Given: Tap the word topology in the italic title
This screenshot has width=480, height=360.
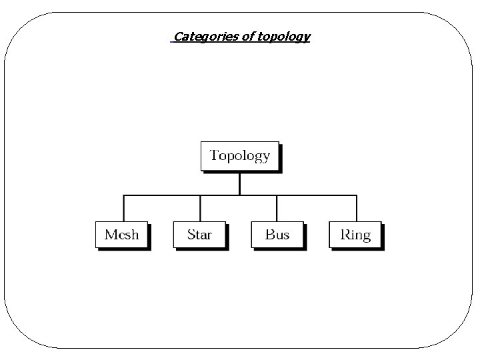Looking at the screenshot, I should [x=284, y=37].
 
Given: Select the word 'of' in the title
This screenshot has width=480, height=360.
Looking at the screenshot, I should [x=247, y=37].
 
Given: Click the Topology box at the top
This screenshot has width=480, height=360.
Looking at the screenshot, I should [x=239, y=156].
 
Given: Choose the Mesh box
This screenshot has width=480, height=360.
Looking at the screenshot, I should [x=121, y=234].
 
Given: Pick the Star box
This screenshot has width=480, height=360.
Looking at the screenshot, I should [x=199, y=234].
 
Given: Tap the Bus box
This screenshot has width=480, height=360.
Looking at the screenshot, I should [x=277, y=234].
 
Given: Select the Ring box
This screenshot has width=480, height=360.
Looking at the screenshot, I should [x=355, y=234].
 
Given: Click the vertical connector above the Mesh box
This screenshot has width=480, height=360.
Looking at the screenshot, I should [x=123, y=208].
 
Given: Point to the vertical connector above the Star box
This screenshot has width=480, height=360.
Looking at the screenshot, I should [x=200, y=208].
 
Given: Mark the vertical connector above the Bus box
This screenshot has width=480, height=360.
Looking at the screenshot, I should [x=277, y=208].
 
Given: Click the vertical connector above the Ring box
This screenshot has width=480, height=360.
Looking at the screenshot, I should [x=357, y=208].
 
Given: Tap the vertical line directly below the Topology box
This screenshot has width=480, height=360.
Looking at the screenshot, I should [x=239, y=183].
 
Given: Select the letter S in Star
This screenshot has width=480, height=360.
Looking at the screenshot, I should [x=191, y=234].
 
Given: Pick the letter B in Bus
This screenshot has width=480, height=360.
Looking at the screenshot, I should [x=269, y=234].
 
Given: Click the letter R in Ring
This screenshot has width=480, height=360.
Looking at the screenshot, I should [x=345, y=234].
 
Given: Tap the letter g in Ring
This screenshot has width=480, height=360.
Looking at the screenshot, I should [x=365, y=237].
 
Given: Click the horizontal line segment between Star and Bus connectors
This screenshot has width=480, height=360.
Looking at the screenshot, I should [x=239, y=195].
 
